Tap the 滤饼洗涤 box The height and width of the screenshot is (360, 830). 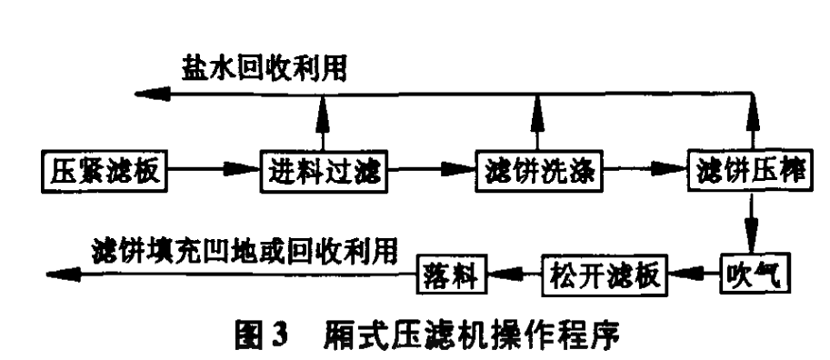coord(536,170)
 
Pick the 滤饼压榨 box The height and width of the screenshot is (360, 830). coord(752,170)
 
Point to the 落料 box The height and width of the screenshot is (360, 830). coord(452,271)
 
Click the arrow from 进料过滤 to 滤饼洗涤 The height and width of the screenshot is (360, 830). coord(426,170)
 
